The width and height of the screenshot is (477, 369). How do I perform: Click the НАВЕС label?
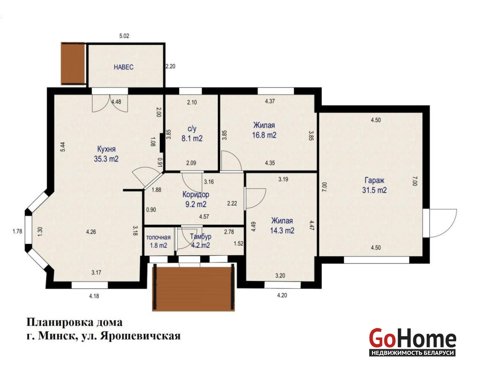(124, 67)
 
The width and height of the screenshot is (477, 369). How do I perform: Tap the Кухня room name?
(106, 149)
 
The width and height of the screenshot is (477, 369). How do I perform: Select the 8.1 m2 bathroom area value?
(192, 138)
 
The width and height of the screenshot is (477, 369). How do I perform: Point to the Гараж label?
(374, 180)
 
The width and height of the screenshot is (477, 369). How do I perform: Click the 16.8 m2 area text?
(264, 135)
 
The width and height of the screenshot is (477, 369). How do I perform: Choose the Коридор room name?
(195, 194)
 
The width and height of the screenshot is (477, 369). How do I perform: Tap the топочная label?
(158, 238)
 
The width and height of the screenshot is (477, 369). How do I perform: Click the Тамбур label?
(200, 237)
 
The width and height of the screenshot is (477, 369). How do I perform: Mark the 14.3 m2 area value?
(282, 231)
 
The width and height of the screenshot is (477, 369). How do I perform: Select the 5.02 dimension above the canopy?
(124, 36)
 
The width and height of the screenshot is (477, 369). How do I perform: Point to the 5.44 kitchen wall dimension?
(63, 147)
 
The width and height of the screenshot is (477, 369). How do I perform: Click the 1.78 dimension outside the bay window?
(18, 232)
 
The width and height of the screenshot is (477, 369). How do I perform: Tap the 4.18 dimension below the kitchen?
(94, 296)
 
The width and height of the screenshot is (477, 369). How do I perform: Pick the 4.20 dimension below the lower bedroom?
(282, 295)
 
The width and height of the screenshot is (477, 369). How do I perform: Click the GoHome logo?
(412, 342)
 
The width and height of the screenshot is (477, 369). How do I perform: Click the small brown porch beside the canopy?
(73, 63)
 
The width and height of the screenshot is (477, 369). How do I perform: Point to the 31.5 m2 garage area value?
(374, 190)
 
